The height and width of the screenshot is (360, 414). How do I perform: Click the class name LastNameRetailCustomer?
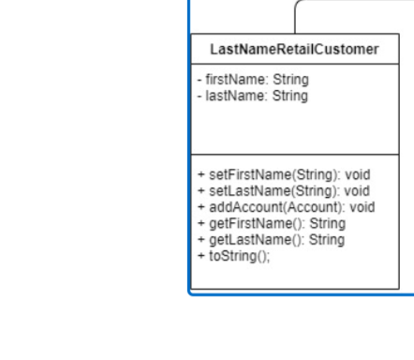coord(294,50)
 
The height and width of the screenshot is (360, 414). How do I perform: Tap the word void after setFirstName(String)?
coord(358,174)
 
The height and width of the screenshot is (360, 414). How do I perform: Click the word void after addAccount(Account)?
coord(362,207)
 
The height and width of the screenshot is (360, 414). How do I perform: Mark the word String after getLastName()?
coord(327,239)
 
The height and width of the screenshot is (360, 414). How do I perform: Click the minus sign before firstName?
coord(200,80)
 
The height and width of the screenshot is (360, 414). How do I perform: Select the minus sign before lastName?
coord(200,95)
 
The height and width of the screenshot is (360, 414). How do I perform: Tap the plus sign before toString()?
coord(200,255)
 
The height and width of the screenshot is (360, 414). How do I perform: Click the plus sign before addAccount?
coord(200,207)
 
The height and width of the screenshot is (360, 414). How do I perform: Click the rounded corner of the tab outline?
coord(300,5)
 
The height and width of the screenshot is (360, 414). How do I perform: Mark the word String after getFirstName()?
coord(327,223)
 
